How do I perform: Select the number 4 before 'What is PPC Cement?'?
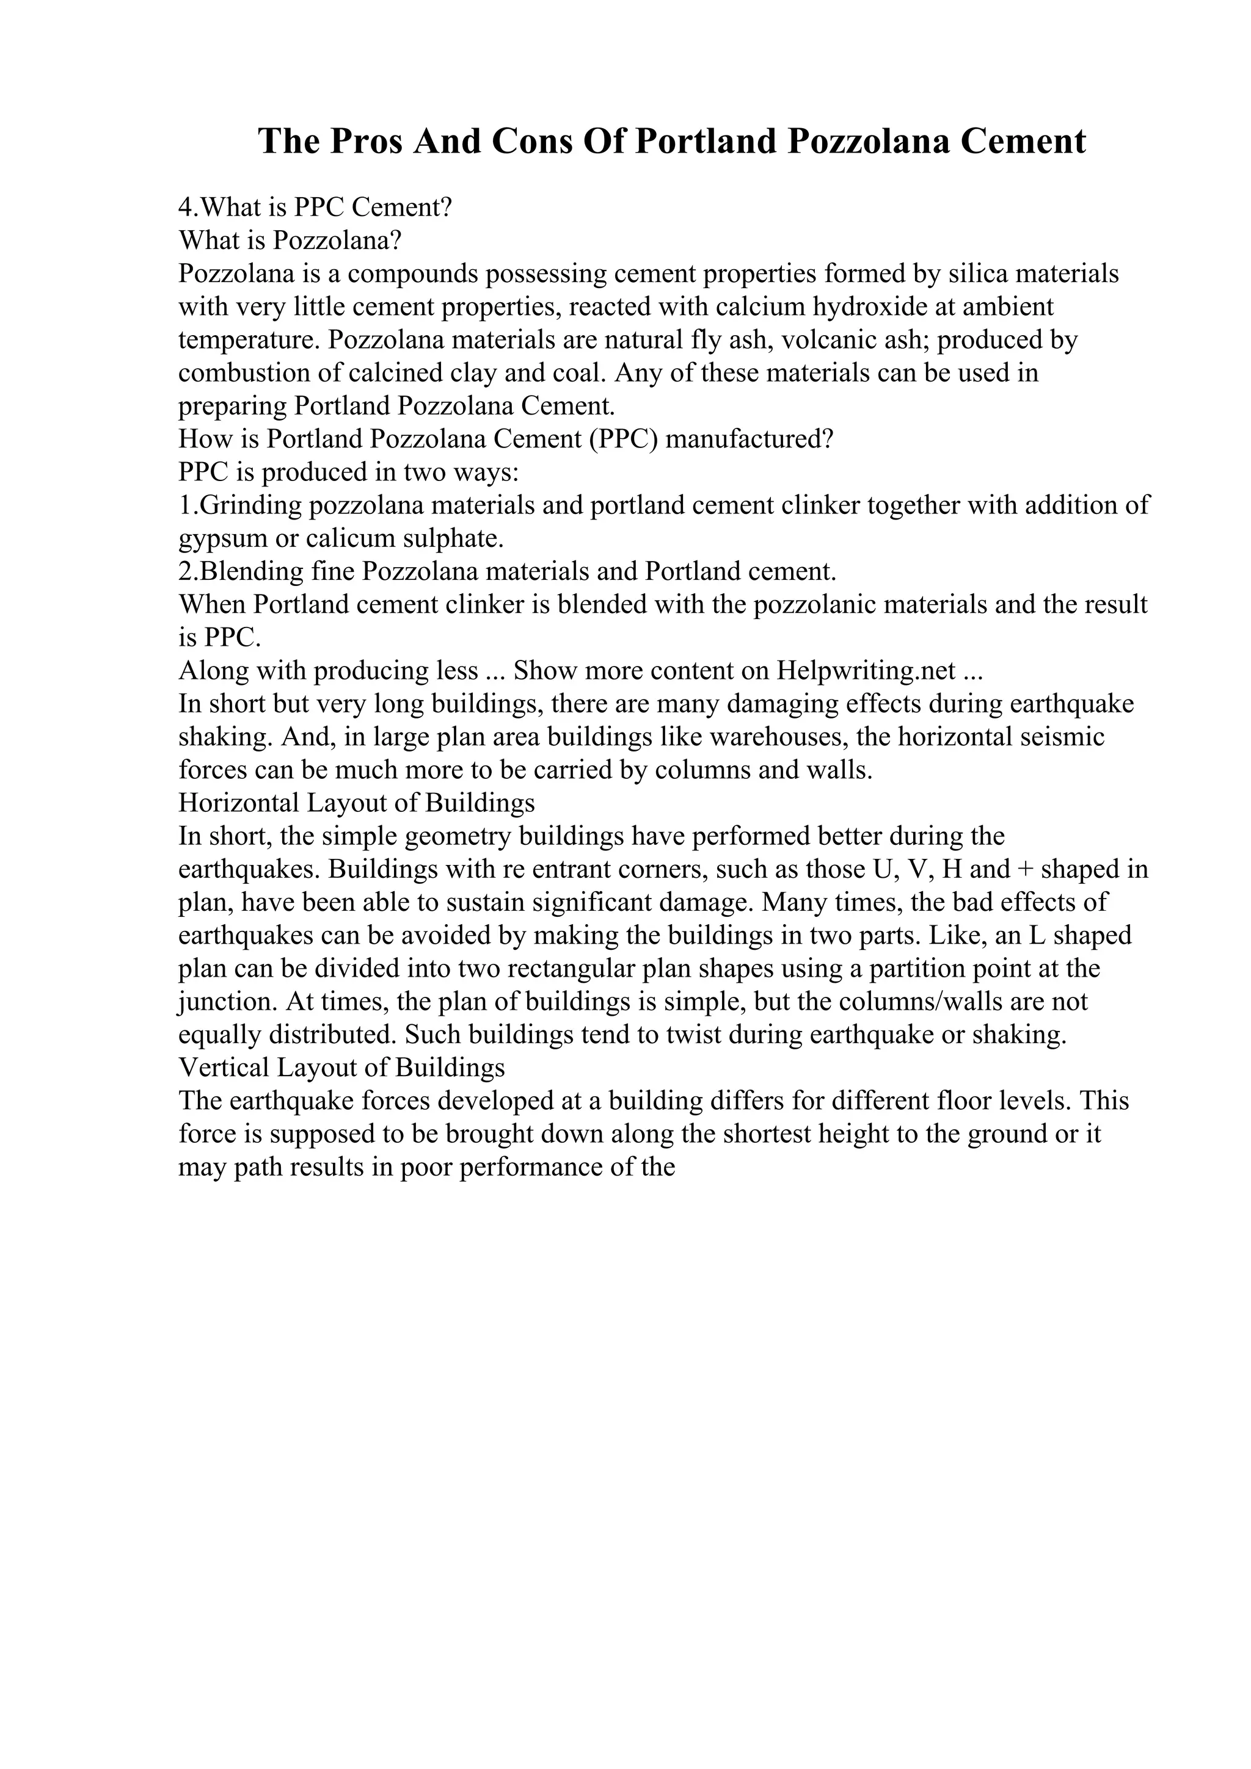(x=185, y=208)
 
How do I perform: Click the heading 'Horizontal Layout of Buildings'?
(x=356, y=803)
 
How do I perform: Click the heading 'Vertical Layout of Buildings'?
(x=341, y=1068)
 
